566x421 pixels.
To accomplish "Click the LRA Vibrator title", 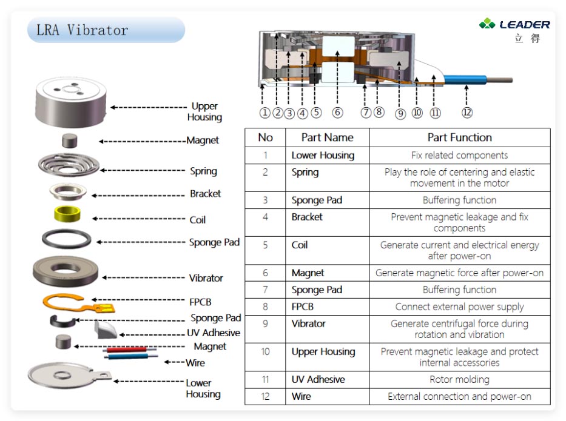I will [x=83, y=30].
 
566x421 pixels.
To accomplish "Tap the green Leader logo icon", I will [x=487, y=24].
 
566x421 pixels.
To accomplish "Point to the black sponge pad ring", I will [x=67, y=239].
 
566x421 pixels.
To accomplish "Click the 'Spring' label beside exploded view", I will [x=203, y=171].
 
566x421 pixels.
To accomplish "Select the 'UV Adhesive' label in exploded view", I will [x=213, y=333].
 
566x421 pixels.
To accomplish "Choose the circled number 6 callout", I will [x=338, y=113].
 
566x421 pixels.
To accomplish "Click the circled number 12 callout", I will [x=467, y=112].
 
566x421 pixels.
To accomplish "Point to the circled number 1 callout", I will [x=264, y=113].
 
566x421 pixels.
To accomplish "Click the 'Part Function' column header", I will [x=459, y=138].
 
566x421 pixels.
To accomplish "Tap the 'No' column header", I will [x=265, y=138].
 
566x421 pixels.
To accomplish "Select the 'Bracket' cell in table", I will [x=307, y=217].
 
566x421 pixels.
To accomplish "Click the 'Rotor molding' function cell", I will [x=459, y=380].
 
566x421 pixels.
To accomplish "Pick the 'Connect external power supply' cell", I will [x=459, y=307].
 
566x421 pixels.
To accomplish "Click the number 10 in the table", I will [x=265, y=351].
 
